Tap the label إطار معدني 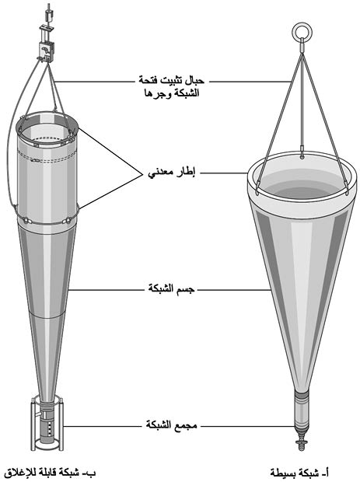click(x=172, y=173)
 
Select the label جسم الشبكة click(x=172, y=289)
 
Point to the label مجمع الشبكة click(x=171, y=426)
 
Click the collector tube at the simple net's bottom click(x=302, y=410)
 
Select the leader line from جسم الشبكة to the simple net click(x=233, y=289)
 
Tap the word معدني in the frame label click(x=161, y=174)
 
